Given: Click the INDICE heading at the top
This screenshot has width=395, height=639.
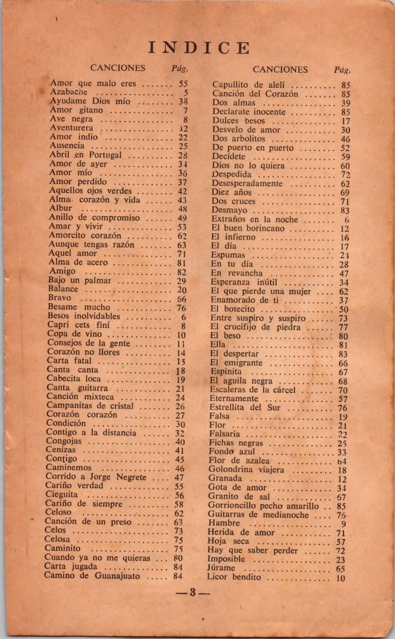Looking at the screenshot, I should [199, 48].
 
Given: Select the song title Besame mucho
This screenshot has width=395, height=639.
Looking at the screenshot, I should [79, 307].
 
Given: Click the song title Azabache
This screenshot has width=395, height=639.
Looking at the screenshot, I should [69, 92].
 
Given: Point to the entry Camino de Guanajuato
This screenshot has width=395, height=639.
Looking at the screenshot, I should [92, 576].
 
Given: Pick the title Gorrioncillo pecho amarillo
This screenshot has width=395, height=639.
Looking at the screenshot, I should [263, 506].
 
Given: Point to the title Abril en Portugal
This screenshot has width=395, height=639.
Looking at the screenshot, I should [85, 155].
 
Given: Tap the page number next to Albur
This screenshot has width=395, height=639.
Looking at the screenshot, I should [183, 209].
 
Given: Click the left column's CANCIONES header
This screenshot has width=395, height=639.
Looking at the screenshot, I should [118, 68].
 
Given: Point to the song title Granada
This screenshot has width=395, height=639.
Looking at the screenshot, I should [225, 478].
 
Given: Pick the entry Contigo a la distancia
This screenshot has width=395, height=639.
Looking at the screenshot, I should [91, 433].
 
